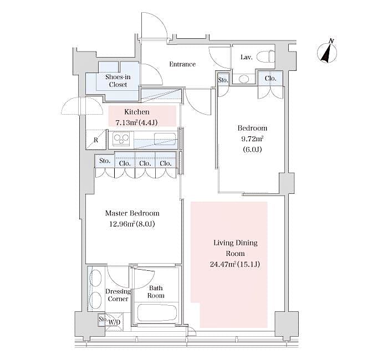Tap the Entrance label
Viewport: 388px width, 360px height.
pos(182,64)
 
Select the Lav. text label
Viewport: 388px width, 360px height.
pos(247,57)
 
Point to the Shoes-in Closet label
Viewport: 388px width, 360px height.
pos(118,81)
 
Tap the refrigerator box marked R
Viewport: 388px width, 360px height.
pos(95,140)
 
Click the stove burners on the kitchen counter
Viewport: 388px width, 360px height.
pos(120,138)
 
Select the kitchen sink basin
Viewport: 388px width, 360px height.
pos(165,138)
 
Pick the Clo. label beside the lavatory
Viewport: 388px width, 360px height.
pos(270,79)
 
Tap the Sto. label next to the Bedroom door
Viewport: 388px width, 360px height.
pos(223,80)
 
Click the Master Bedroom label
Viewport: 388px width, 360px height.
pos(132,213)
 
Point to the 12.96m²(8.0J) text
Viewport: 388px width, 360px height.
pos(132,224)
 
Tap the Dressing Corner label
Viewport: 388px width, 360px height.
pos(118,295)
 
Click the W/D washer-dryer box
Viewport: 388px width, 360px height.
pos(114,322)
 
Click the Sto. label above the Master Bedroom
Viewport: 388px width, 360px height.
pos(104,162)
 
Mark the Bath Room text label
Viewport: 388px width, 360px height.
pos(156,292)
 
